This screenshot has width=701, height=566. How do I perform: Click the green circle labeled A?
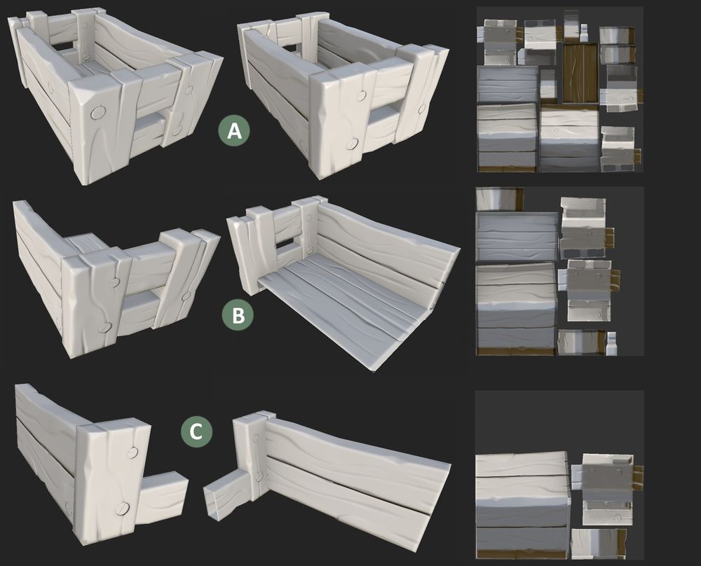[234, 131]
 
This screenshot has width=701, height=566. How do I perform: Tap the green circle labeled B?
[238, 315]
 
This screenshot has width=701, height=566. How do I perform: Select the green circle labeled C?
[196, 432]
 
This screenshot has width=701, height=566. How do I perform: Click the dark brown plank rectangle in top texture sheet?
[580, 74]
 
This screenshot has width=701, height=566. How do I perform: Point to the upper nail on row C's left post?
[132, 453]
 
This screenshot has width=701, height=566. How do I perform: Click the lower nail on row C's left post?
[122, 508]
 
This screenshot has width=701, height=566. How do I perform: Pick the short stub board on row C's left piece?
[162, 499]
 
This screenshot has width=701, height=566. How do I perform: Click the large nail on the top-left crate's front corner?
[97, 113]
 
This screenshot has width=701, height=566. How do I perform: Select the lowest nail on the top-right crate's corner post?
[353, 144]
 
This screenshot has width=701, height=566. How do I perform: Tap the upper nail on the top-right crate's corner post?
[362, 95]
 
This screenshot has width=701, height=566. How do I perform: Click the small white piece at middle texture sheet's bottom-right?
[611, 344]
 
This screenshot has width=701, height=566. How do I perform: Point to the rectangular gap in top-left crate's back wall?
[64, 46]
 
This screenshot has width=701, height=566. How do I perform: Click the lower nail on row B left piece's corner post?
[106, 327]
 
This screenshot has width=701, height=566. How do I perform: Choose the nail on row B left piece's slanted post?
[185, 296]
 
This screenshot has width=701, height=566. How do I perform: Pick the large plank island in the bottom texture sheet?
[522, 505]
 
